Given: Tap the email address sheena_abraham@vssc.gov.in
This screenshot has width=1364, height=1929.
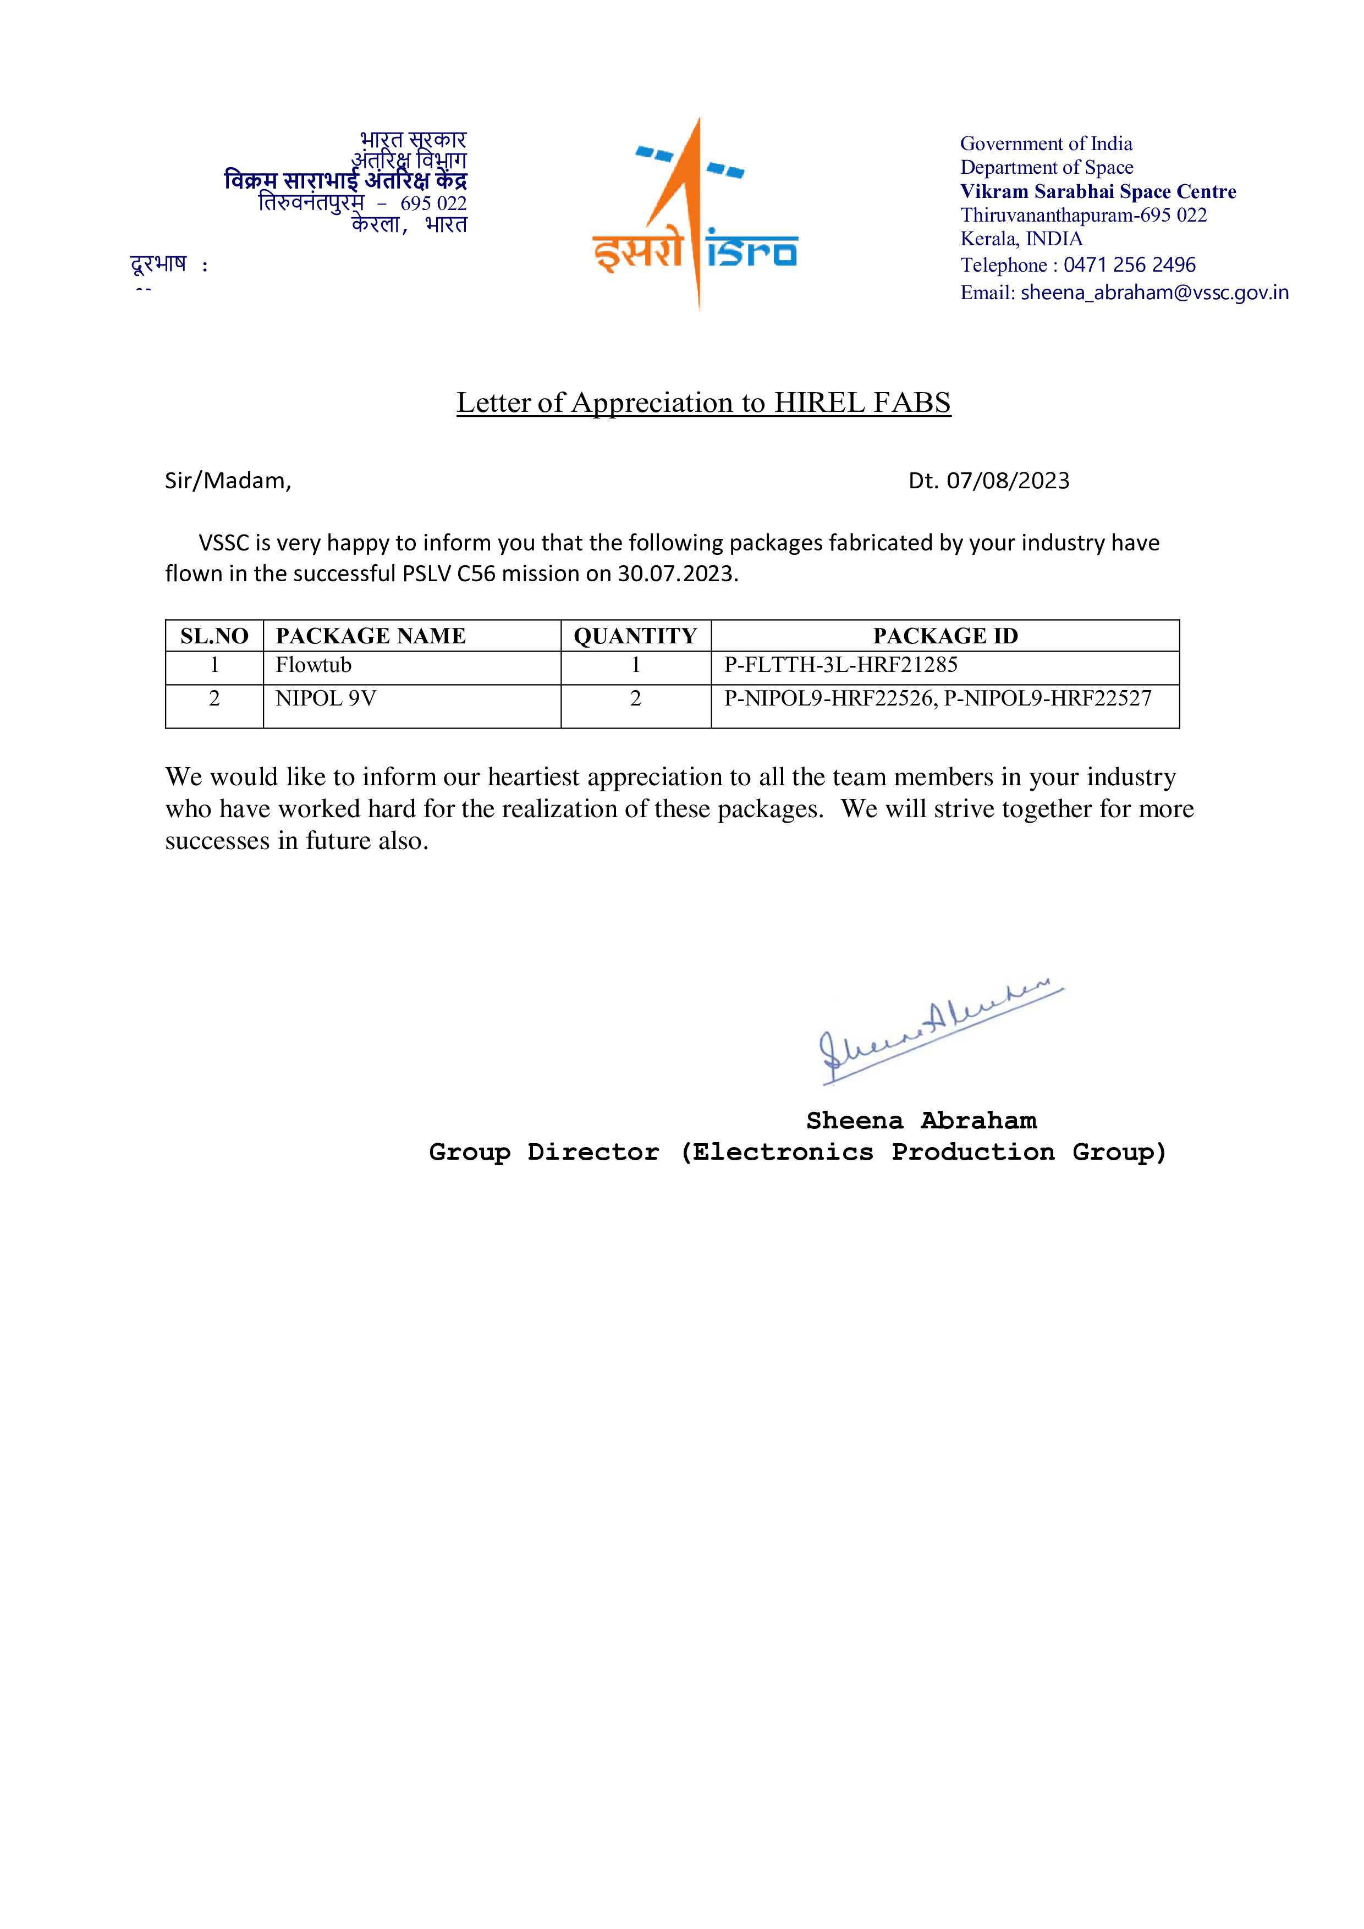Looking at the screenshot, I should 1154,293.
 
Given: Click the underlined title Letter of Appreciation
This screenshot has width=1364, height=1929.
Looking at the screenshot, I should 703,403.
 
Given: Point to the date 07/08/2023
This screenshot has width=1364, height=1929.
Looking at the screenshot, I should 1008,481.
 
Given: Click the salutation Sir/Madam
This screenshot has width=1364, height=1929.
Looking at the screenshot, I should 228,481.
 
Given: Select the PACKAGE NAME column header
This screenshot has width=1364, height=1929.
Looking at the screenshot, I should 371,636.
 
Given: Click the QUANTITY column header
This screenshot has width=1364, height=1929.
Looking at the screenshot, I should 635,636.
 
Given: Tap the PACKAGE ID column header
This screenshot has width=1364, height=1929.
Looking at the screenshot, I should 945,636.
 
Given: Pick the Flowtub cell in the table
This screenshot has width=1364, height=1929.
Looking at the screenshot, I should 313,665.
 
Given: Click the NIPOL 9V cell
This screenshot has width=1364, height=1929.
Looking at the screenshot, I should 325,698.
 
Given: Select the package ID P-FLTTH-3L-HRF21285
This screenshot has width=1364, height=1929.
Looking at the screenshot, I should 840,665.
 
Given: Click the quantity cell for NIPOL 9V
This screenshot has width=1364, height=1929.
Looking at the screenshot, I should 635,698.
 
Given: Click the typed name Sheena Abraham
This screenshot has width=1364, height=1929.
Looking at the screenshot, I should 921,1121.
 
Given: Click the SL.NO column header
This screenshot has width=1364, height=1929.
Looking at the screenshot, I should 215,636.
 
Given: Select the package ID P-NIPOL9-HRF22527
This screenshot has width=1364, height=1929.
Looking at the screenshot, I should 1047,698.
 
